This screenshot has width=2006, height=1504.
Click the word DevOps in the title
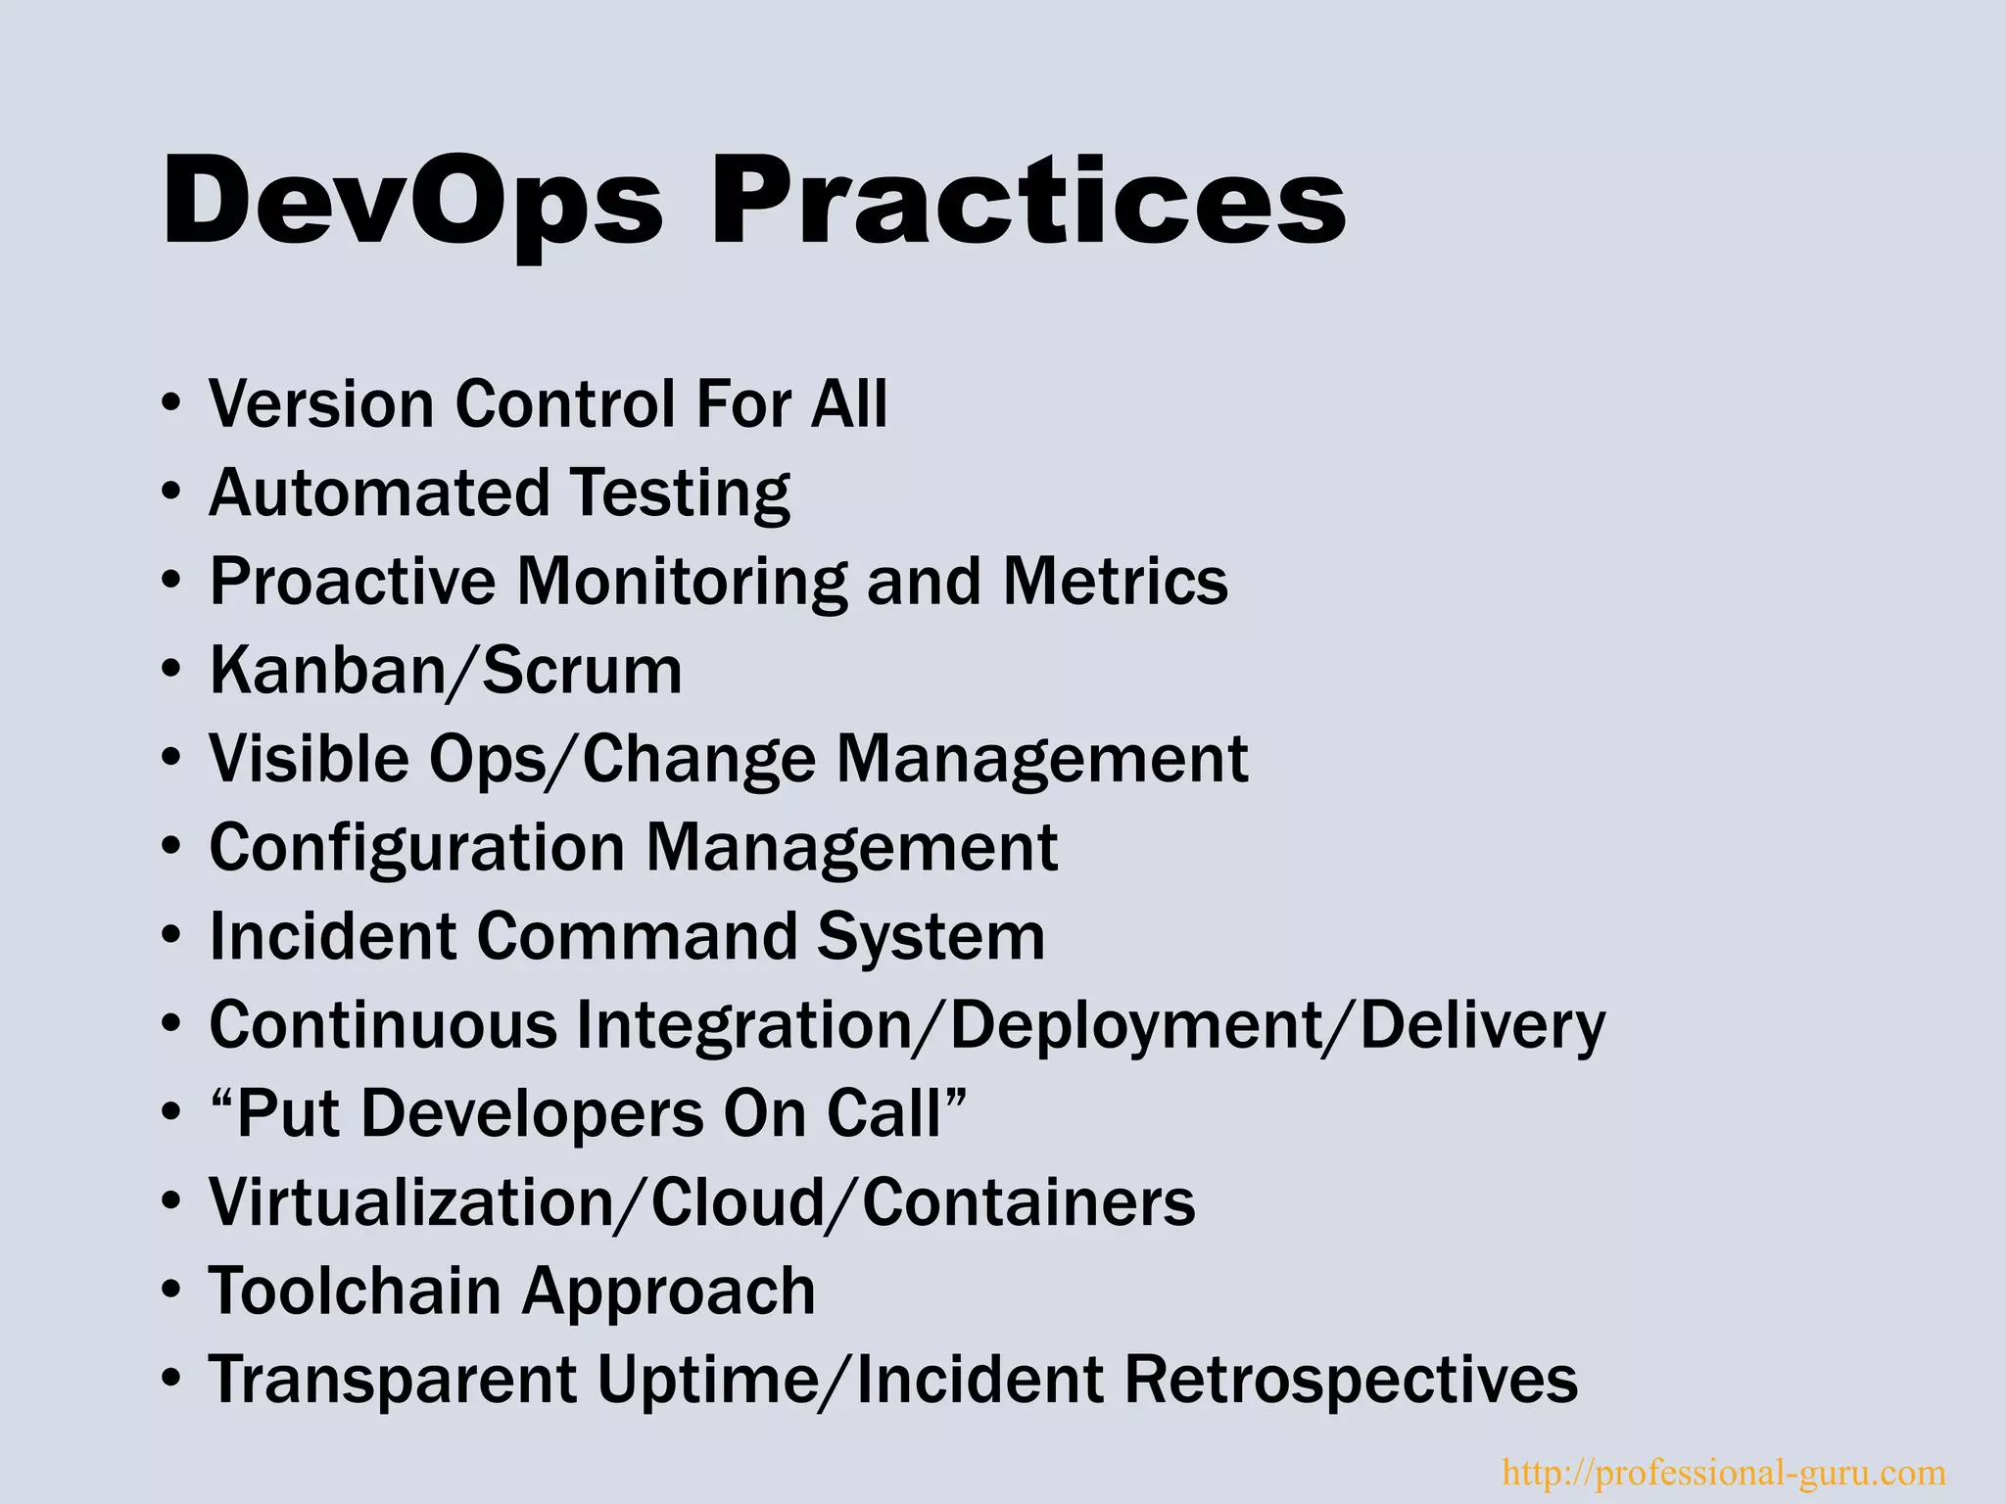click(411, 202)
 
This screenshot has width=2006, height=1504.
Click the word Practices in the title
click(1027, 202)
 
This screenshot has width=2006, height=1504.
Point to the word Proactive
click(353, 581)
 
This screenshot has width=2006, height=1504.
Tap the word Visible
click(308, 759)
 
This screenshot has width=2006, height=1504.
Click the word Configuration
click(416, 848)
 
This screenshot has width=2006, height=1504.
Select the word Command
click(637, 936)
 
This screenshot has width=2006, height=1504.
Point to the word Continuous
click(383, 1025)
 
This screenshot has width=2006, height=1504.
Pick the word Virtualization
click(410, 1202)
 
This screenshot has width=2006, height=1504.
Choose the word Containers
click(1028, 1202)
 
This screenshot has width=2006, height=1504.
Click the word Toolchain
click(354, 1291)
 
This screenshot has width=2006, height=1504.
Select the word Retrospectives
click(1351, 1380)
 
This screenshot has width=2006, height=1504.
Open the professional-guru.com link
click(1723, 1472)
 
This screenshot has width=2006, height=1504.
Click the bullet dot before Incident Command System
click(171, 937)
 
